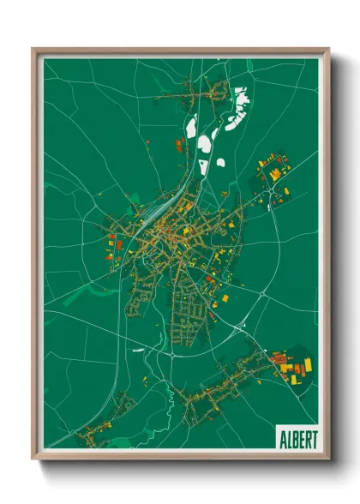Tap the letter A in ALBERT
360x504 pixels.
click(281, 437)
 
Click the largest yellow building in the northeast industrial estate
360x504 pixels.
click(274, 175)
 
